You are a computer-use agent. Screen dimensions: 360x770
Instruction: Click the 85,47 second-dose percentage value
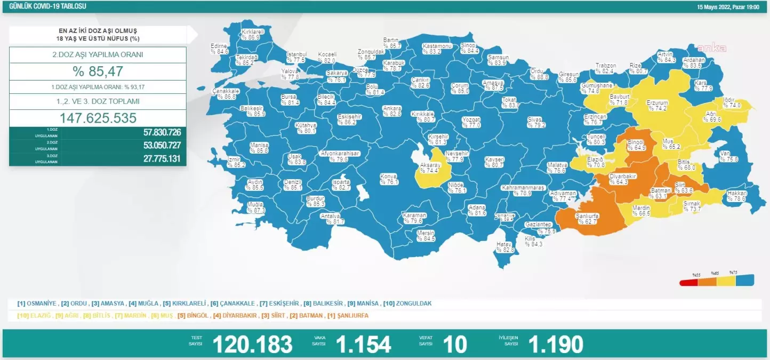tap(98, 71)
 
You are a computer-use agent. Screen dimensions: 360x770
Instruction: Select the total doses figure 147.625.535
tap(98, 118)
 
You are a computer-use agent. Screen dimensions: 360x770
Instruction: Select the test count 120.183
tap(252, 345)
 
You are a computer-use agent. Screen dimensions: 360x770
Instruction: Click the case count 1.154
tap(363, 345)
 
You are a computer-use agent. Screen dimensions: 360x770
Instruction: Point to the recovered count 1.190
tap(556, 345)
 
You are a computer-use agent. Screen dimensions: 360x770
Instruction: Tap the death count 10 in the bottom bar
tap(455, 345)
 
